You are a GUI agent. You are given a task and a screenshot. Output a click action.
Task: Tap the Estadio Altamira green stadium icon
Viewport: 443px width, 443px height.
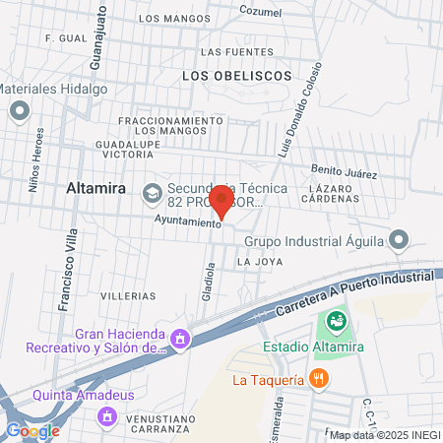336,320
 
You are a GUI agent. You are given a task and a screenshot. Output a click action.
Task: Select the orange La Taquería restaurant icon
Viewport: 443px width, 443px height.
317,378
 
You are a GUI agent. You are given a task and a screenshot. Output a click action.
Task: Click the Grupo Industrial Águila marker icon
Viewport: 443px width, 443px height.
399,239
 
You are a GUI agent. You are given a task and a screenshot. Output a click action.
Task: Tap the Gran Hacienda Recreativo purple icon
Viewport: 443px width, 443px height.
179,340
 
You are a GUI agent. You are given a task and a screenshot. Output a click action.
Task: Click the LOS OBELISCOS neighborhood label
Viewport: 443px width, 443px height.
237,75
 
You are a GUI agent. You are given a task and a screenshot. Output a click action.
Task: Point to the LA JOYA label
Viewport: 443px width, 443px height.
260,262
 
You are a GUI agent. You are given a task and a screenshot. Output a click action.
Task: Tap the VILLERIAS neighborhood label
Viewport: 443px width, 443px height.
128,295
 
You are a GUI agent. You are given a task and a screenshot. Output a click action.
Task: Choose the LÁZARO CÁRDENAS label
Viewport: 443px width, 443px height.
333,192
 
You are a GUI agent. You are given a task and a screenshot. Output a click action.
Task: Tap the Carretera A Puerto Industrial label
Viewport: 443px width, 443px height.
345,291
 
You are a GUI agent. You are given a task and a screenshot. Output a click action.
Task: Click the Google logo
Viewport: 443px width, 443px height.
32,430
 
